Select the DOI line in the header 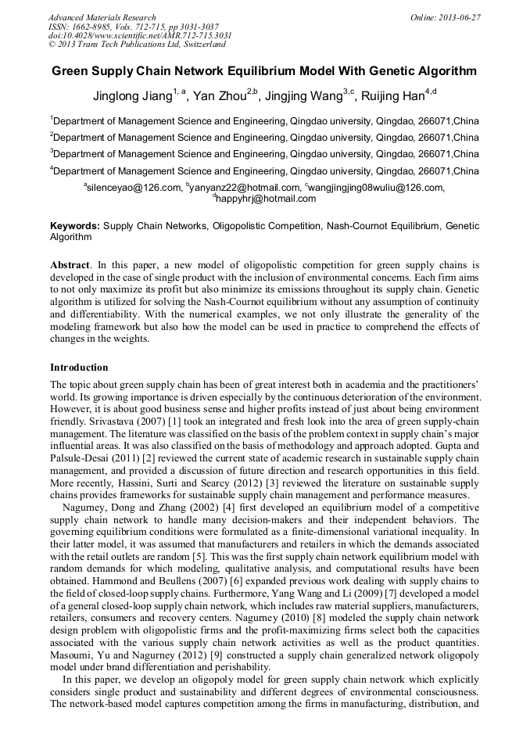tap(140, 36)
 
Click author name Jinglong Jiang tap(132, 96)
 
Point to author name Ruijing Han tap(393, 96)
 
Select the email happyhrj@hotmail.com tap(267, 199)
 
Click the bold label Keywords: tap(75, 226)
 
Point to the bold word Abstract tap(70, 265)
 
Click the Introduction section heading tap(79, 367)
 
